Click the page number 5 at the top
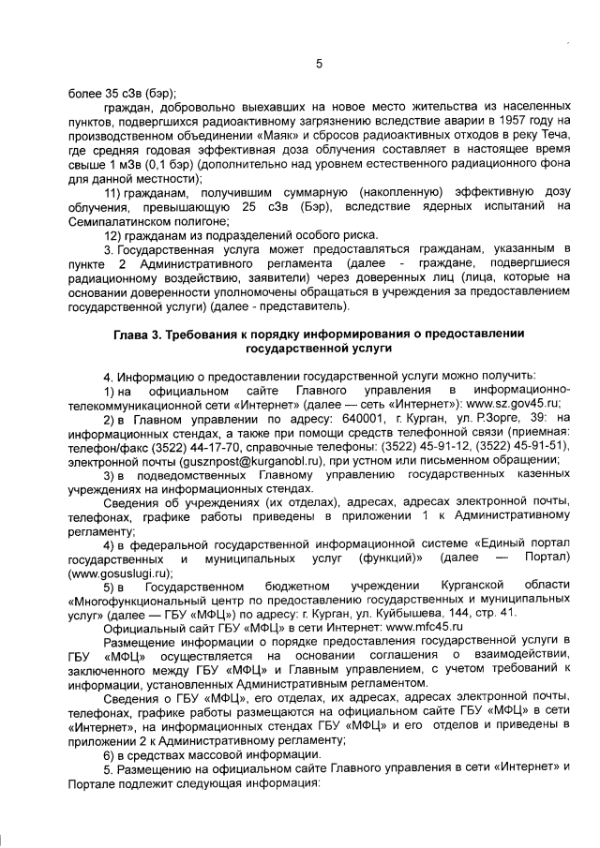(318, 64)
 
